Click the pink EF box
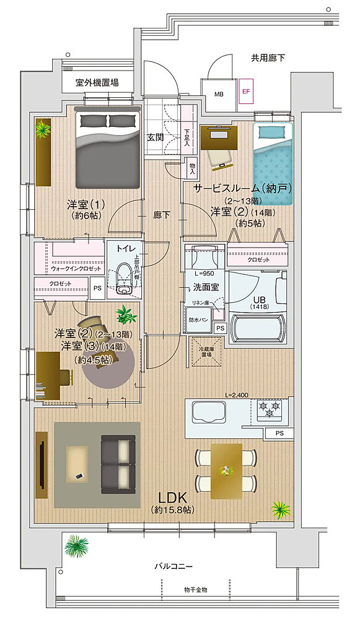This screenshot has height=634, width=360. [246, 91]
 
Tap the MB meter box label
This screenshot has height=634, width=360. [219, 94]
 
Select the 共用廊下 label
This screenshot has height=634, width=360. [268, 58]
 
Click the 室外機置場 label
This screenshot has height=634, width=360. [97, 82]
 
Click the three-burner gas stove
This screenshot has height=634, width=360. [269, 408]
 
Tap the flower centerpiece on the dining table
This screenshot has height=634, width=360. [226, 471]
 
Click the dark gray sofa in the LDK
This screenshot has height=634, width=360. [117, 464]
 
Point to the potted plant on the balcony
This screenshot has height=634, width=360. [77, 546]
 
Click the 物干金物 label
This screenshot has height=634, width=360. [195, 589]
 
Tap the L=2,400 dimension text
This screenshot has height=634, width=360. [237, 394]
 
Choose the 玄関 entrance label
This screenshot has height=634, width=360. [155, 137]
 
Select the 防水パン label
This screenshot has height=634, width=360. [199, 321]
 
